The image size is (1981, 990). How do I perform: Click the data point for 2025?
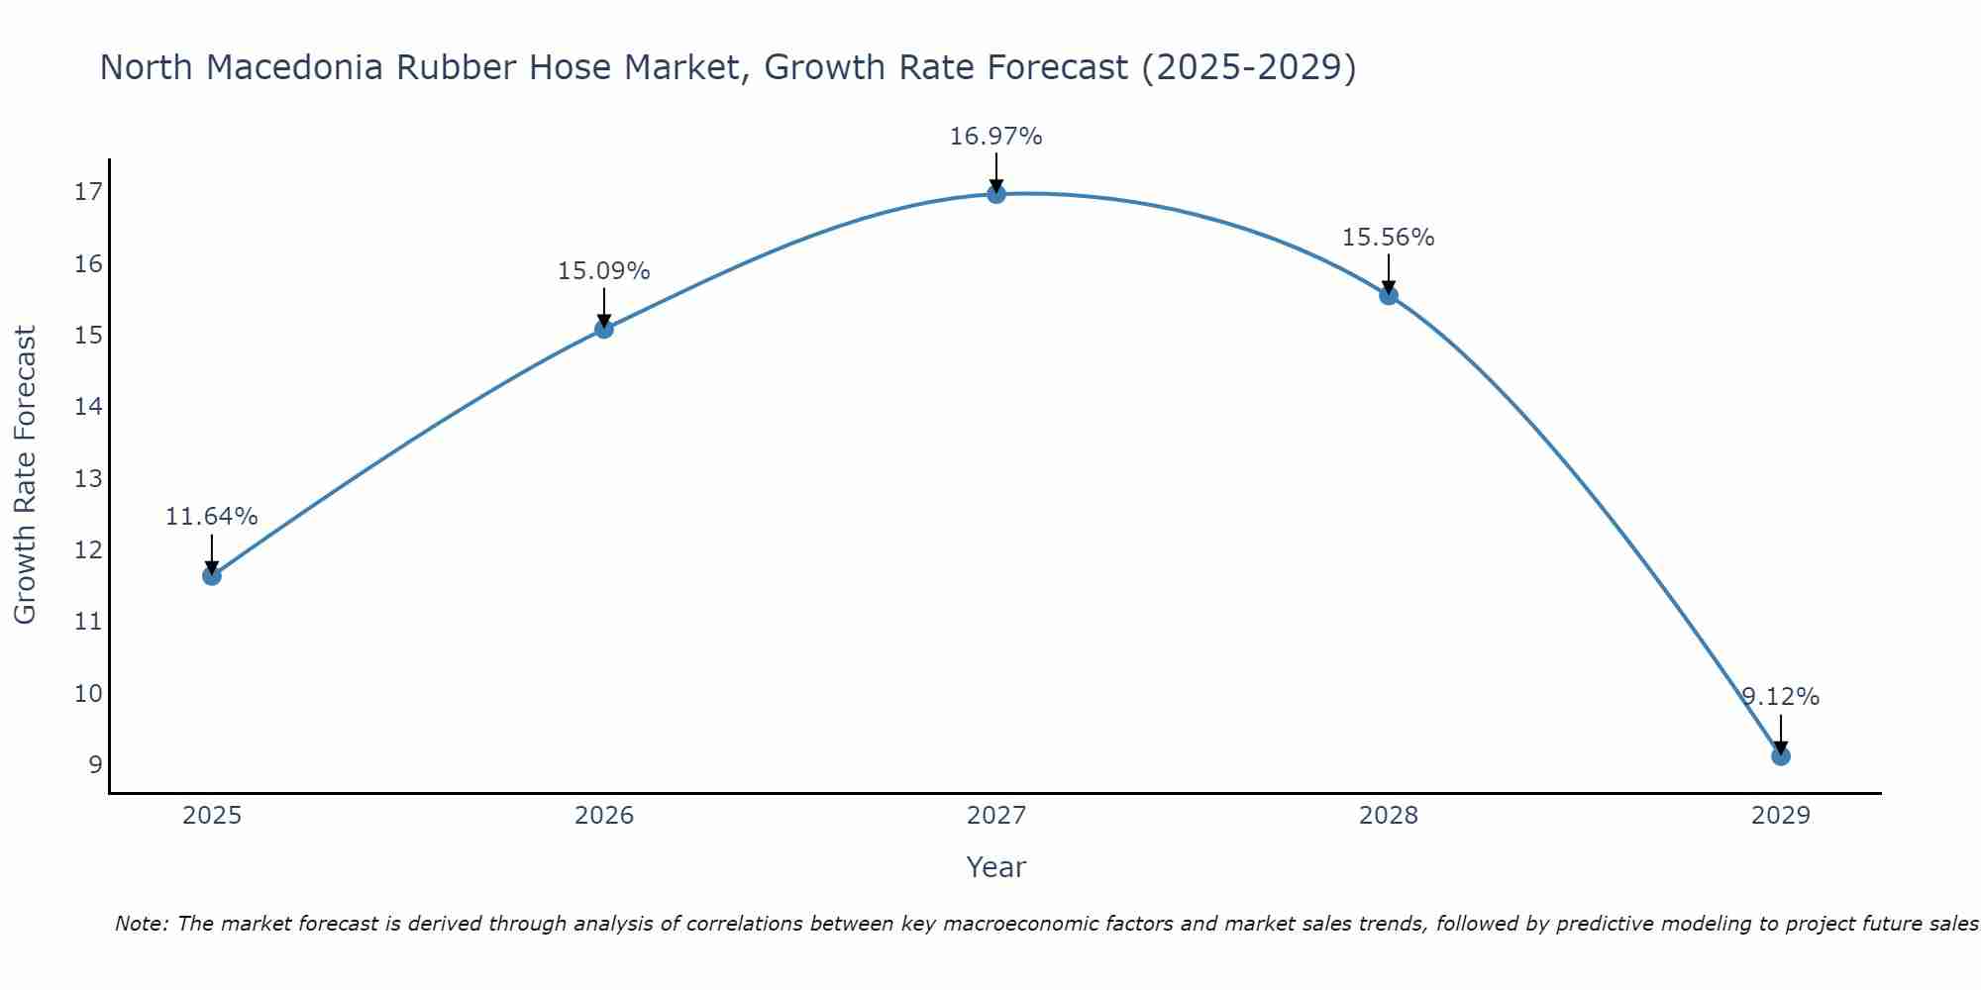click(x=212, y=575)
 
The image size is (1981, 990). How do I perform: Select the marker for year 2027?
click(x=996, y=194)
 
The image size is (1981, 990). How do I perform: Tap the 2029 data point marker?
click(x=1780, y=756)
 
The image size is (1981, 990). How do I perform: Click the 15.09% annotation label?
click(x=603, y=271)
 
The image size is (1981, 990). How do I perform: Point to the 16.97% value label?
click(x=995, y=137)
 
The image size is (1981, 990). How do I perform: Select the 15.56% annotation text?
click(x=1388, y=238)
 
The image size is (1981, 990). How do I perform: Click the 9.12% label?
click(x=1780, y=697)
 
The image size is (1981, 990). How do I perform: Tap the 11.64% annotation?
click(x=211, y=517)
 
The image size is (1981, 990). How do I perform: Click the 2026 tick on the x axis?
click(x=604, y=816)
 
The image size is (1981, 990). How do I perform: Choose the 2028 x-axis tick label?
click(x=1389, y=816)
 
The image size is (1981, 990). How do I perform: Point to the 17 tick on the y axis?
click(x=88, y=192)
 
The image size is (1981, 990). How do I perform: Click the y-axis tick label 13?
click(x=88, y=479)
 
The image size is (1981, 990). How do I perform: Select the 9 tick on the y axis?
click(x=95, y=765)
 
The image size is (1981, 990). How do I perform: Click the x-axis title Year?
click(x=995, y=867)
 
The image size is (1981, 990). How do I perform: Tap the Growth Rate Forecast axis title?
click(x=26, y=475)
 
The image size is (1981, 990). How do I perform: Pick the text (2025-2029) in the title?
click(x=1249, y=67)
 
